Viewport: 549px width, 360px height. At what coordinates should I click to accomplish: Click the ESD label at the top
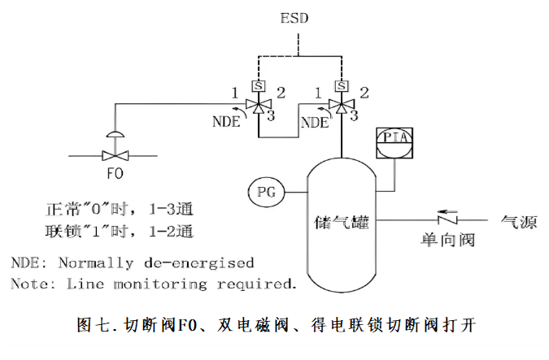pos(294,17)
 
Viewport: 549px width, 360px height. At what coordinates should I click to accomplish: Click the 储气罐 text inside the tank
pos(342,220)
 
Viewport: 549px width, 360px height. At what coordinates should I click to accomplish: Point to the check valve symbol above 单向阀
pos(446,220)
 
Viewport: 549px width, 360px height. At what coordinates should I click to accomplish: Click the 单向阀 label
pos(447,241)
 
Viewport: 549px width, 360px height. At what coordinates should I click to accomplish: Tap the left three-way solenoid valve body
pos(259,106)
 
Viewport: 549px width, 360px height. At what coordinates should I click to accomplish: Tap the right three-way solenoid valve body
pos(342,106)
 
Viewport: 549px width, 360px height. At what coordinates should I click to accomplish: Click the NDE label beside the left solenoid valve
pos(228,123)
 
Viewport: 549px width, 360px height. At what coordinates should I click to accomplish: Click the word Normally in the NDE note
pos(98,263)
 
